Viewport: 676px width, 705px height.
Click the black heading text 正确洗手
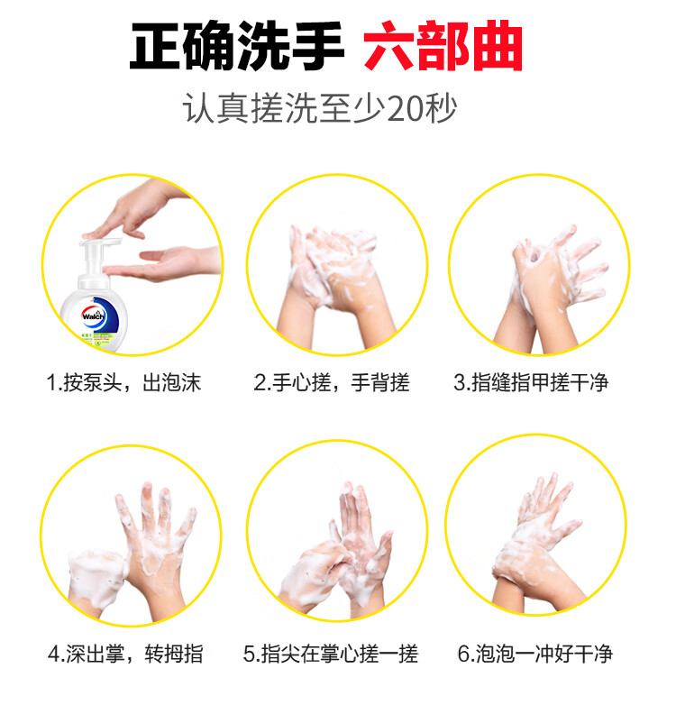tap(236, 45)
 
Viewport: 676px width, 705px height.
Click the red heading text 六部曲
tap(443, 45)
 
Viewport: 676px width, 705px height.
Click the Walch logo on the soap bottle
tap(94, 316)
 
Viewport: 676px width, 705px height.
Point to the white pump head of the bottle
tap(100, 251)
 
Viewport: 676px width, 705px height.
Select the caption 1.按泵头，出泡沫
tap(124, 382)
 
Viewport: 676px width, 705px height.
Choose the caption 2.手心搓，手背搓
tap(332, 382)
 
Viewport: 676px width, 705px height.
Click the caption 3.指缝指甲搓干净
tap(531, 382)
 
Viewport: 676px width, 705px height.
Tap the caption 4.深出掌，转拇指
tap(125, 654)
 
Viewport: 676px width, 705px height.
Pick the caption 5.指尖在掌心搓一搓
tap(331, 654)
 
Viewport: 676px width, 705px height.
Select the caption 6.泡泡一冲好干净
tap(534, 654)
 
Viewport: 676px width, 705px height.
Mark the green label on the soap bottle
tap(96, 339)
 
